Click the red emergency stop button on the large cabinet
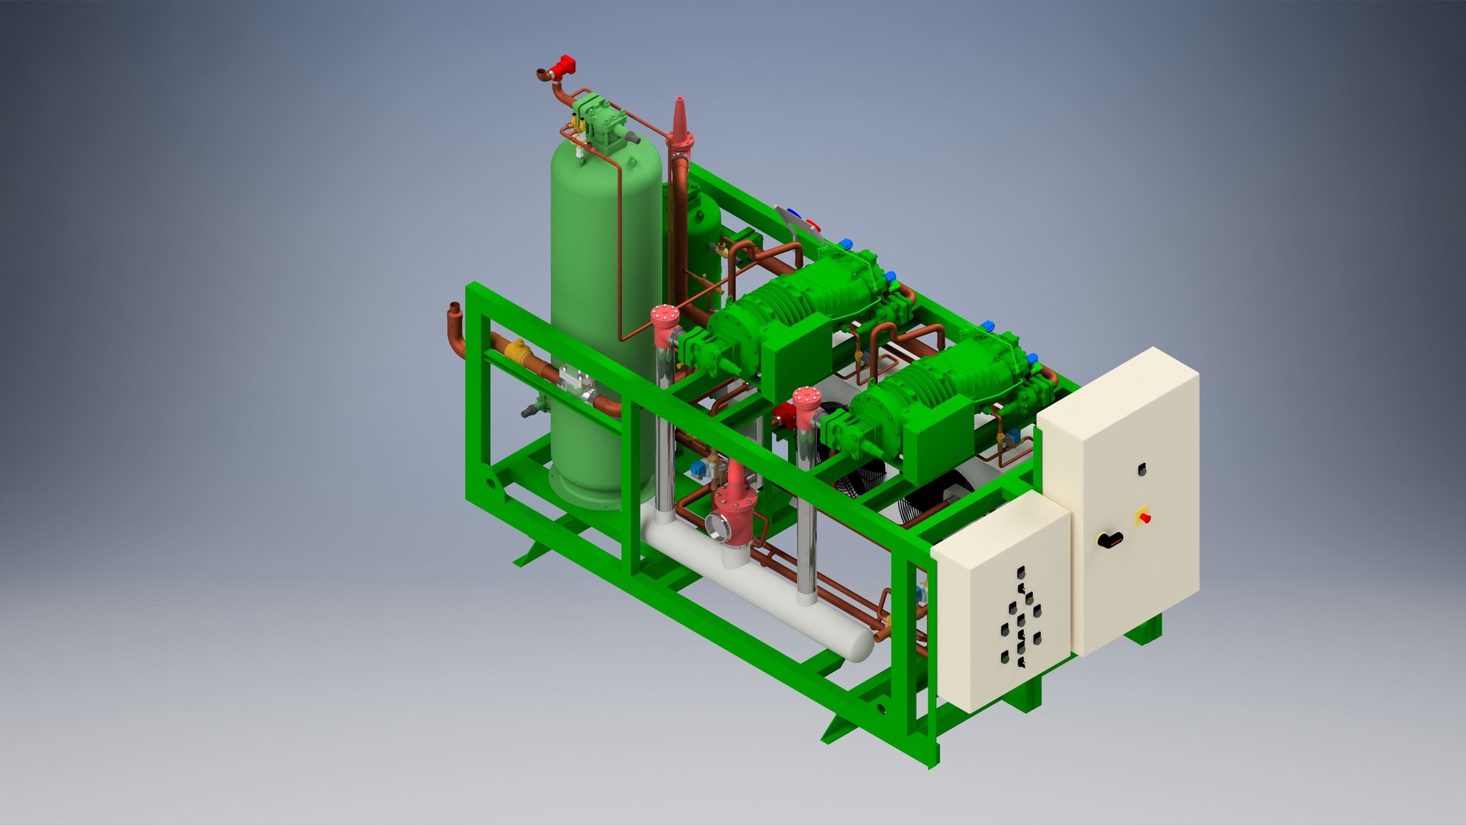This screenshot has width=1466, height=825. (1144, 517)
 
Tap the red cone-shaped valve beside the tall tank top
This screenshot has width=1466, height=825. (678, 122)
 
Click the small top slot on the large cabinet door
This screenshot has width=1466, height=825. (1142, 469)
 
